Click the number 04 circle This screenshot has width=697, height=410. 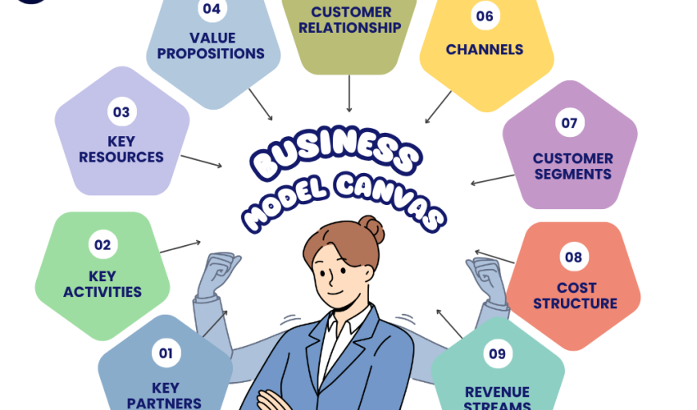(x=212, y=10)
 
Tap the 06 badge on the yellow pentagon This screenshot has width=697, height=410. (x=485, y=16)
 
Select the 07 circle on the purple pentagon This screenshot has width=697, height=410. (x=570, y=124)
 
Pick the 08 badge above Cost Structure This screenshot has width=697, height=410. (x=573, y=257)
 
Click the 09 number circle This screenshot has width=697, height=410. (x=497, y=353)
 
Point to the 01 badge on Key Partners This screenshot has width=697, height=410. (x=166, y=353)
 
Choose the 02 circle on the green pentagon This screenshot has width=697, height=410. (x=102, y=244)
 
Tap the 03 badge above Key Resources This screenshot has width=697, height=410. (x=121, y=112)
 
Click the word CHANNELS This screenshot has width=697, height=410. (x=485, y=50)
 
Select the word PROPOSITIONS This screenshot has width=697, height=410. (x=211, y=54)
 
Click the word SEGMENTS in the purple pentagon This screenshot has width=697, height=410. (x=572, y=174)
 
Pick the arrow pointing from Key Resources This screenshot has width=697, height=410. (x=201, y=161)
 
